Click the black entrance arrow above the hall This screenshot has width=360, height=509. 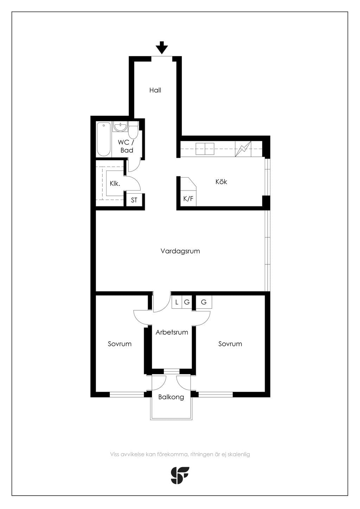[162, 47]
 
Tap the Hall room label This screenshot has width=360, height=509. [155, 90]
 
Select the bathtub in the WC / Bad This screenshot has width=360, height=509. [104, 139]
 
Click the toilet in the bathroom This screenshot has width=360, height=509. [133, 130]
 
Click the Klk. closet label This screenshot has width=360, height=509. [115, 183]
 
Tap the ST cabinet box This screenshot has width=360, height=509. [134, 200]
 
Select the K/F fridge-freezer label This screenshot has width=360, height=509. [188, 199]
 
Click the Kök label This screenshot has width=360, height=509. [221, 181]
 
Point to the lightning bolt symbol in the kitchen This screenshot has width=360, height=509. [243, 149]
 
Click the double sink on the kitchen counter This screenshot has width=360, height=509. [205, 149]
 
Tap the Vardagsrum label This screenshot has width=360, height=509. [180, 251]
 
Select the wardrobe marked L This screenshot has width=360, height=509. [177, 302]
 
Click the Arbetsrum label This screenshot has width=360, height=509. [172, 332]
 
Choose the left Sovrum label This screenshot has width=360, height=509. [120, 343]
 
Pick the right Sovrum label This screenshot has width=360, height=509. [230, 343]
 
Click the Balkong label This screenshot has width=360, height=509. [171, 397]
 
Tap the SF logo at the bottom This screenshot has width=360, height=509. [180, 476]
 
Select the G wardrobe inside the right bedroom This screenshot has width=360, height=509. [204, 302]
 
